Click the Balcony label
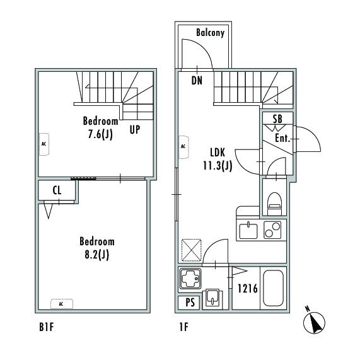pyautogui.click(x=210, y=33)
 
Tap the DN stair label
pyautogui.click(x=197, y=81)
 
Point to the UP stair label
pyautogui.click(x=135, y=130)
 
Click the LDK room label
pyautogui.click(x=218, y=153)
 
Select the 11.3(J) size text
pyautogui.click(x=218, y=166)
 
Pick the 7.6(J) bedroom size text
pyautogui.click(x=100, y=134)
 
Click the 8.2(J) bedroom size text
pyautogui.click(x=97, y=255)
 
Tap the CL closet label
pyautogui.click(x=57, y=190)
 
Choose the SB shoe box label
pyautogui.click(x=277, y=119)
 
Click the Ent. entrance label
pyautogui.click(x=282, y=138)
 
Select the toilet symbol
pyautogui.click(x=275, y=204)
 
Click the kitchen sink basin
pyautogui.click(x=248, y=231)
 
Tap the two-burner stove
pyautogui.click(x=272, y=230)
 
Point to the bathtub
pyautogui.click(x=273, y=288)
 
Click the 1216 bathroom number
pyautogui.click(x=248, y=289)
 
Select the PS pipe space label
pyautogui.click(x=190, y=303)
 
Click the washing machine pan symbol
pyautogui.click(x=190, y=278)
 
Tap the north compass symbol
pyautogui.click(x=314, y=322)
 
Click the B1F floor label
pyautogui.click(x=47, y=327)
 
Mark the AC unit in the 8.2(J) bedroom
pyautogui.click(x=62, y=304)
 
